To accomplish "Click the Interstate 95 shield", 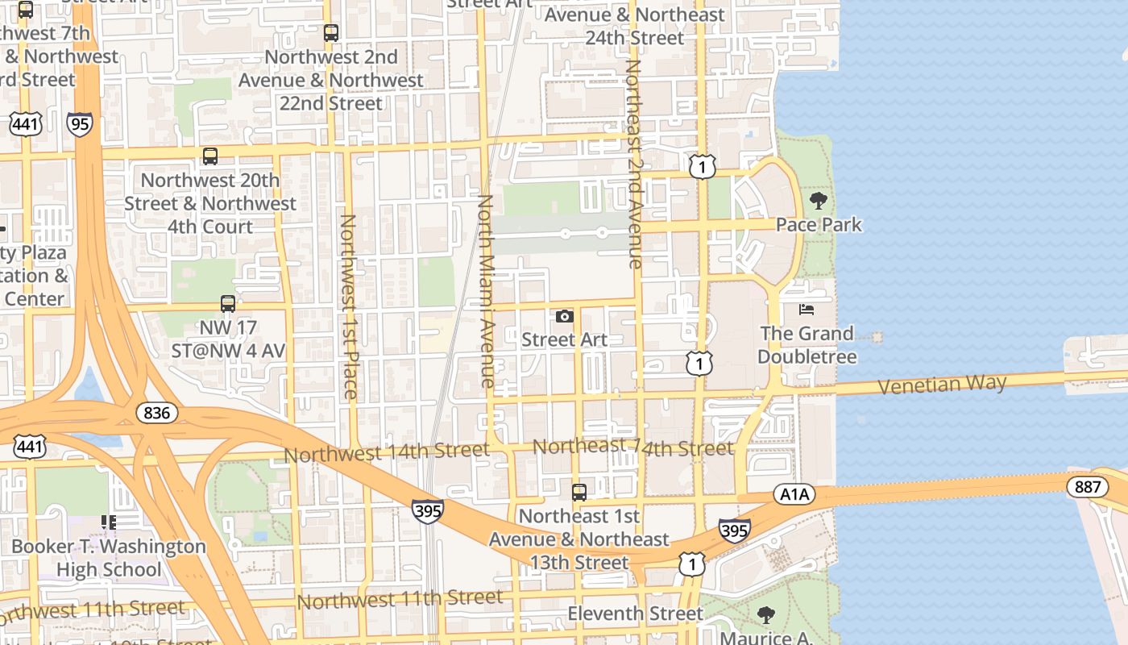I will pyautogui.click(x=80, y=123).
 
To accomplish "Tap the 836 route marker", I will pyautogui.click(x=157, y=413).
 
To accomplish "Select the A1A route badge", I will pyautogui.click(x=794, y=494).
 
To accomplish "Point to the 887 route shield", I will pyautogui.click(x=1087, y=486).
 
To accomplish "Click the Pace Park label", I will pyautogui.click(x=819, y=225).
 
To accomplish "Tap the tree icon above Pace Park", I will pyautogui.click(x=819, y=201).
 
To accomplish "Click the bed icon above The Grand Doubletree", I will pyautogui.click(x=807, y=310).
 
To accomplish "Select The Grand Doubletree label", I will pyautogui.click(x=807, y=344).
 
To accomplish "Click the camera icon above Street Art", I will pyautogui.click(x=565, y=316).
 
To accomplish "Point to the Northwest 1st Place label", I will pyautogui.click(x=349, y=306).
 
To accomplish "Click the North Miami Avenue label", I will pyautogui.click(x=486, y=290).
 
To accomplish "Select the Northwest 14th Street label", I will pyautogui.click(x=386, y=452).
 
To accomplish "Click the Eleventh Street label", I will pyautogui.click(x=635, y=614).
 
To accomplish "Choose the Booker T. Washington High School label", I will pyautogui.click(x=109, y=558).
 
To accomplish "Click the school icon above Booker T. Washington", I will pyautogui.click(x=109, y=522).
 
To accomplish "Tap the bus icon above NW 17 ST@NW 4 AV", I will pyautogui.click(x=228, y=304).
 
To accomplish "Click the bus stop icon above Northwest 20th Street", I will pyautogui.click(x=210, y=156).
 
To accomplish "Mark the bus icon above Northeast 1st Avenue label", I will pyautogui.click(x=579, y=492).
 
